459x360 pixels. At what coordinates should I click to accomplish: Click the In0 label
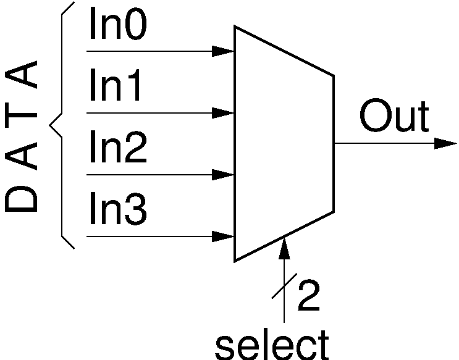[117, 25]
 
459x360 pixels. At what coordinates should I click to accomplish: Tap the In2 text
[117, 149]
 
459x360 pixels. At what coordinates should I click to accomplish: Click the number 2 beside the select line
[308, 297]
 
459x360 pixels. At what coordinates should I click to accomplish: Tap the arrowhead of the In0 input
[223, 51]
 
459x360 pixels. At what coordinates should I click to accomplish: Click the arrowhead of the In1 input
[223, 113]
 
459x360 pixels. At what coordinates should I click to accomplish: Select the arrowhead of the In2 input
[223, 175]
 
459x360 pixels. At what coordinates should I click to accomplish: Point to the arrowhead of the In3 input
[223, 236]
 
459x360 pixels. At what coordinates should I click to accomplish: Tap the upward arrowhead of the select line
[284, 247]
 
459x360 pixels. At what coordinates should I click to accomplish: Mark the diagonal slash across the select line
[284, 290]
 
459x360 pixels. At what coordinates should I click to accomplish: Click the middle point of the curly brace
[52, 125]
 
